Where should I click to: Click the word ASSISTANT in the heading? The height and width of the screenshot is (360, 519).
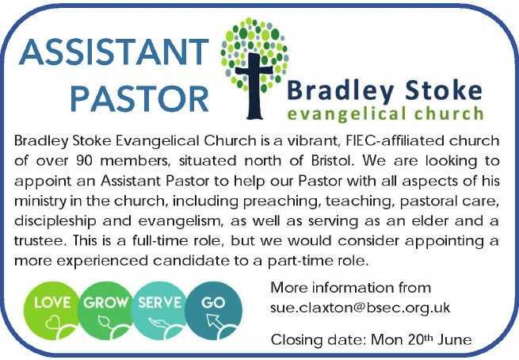[114, 52]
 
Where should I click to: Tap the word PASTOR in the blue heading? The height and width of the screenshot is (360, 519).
[139, 98]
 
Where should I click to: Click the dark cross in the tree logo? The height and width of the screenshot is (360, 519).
[254, 86]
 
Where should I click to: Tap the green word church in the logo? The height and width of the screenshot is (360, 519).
[449, 113]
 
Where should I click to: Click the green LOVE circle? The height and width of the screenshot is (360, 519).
[52, 310]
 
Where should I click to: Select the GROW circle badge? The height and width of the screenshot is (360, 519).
[105, 310]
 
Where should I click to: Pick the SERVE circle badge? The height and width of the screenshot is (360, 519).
[159, 310]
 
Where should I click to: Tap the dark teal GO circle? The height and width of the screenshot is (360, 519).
[213, 310]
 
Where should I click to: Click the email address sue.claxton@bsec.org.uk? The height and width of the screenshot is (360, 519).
[360, 308]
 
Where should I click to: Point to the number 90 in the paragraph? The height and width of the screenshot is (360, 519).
[84, 161]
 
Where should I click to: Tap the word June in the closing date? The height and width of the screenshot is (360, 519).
[455, 340]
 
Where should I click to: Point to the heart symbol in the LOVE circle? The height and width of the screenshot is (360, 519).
[52, 322]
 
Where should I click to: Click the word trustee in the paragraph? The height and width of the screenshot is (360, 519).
[38, 241]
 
